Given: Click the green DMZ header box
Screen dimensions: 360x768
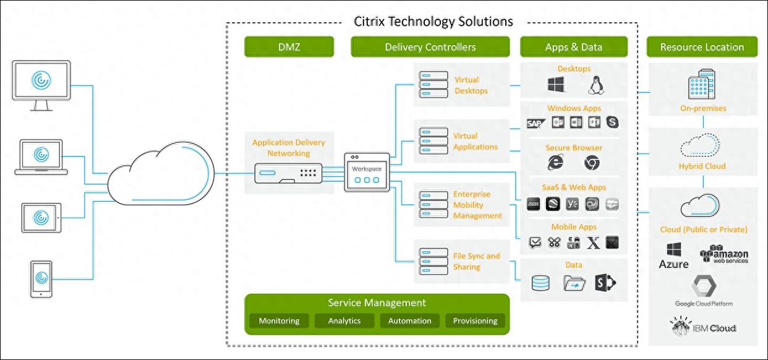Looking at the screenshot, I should tap(289, 47).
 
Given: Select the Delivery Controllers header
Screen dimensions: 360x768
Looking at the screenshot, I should tap(430, 47).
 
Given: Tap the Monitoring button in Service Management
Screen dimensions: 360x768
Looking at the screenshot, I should tap(279, 320).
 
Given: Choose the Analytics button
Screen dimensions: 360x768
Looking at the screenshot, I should tap(344, 320).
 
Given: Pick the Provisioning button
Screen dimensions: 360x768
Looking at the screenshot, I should tap(475, 320).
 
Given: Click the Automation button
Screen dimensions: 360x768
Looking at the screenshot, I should tap(409, 320).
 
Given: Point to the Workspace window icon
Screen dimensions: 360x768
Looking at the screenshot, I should tap(367, 173).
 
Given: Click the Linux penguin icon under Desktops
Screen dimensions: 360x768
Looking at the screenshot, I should tap(596, 85).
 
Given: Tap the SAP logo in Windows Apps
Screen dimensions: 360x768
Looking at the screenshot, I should tap(534, 122).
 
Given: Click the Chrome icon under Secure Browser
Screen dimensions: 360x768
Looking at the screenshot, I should tap(592, 162).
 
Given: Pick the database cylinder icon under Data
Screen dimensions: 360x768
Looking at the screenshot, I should tap(540, 283).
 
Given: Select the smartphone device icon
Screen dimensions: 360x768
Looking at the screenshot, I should tap(41, 278).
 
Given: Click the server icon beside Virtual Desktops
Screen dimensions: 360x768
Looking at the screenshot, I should tap(433, 85).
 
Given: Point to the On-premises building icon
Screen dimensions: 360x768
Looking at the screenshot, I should tap(702, 85).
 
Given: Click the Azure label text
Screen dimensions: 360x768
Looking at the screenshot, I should tap(673, 264).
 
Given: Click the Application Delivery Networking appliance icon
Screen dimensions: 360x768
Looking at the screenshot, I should tap(288, 174).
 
